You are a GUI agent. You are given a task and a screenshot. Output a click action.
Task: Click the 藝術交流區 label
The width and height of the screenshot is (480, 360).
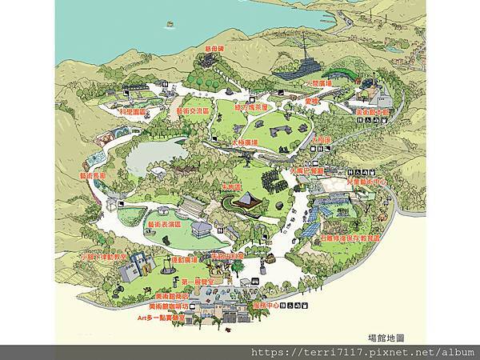point(193,112)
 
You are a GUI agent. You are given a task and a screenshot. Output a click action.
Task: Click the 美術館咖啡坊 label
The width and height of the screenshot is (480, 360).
point(169,306)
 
